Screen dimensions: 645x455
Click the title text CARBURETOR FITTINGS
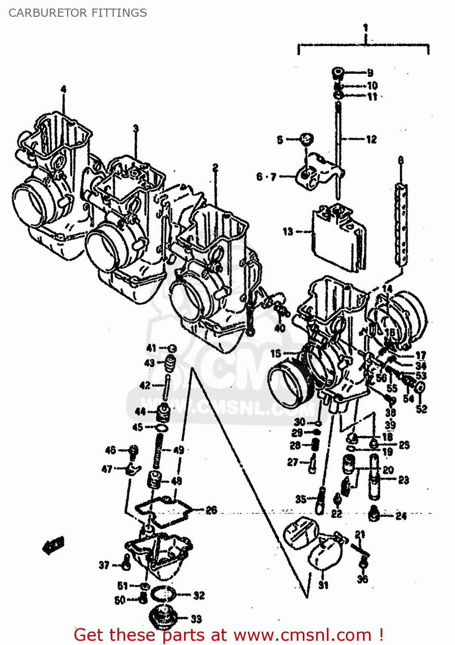77,13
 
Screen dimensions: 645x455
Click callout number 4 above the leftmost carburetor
64,89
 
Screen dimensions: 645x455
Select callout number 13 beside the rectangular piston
288,231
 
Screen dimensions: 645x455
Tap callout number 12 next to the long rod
371,139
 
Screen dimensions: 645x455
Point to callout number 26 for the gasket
211,510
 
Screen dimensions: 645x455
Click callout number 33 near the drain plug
196,619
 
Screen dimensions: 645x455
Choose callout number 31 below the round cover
323,585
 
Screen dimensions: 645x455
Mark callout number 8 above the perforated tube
401,161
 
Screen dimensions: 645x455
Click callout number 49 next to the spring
178,450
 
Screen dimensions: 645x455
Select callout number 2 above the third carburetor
215,167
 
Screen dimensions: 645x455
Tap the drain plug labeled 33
162,617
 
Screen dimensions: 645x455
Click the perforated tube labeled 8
401,224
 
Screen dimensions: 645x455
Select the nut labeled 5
306,139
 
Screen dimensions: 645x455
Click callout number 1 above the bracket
365,28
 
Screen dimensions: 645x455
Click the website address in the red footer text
302,635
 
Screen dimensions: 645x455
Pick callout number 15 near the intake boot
276,353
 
